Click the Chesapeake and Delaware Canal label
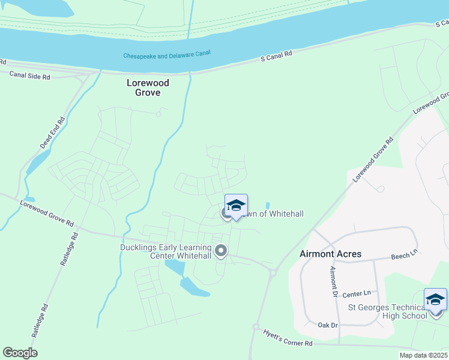point(167,55)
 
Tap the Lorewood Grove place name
point(148,88)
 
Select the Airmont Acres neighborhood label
point(330,254)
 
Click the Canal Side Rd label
point(29,75)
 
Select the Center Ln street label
point(358,293)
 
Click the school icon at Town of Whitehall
point(236,205)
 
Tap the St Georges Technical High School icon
point(435,299)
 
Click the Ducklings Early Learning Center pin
point(221,251)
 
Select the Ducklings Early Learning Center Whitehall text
point(165,251)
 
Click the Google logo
point(20,353)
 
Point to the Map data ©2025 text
point(423,355)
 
